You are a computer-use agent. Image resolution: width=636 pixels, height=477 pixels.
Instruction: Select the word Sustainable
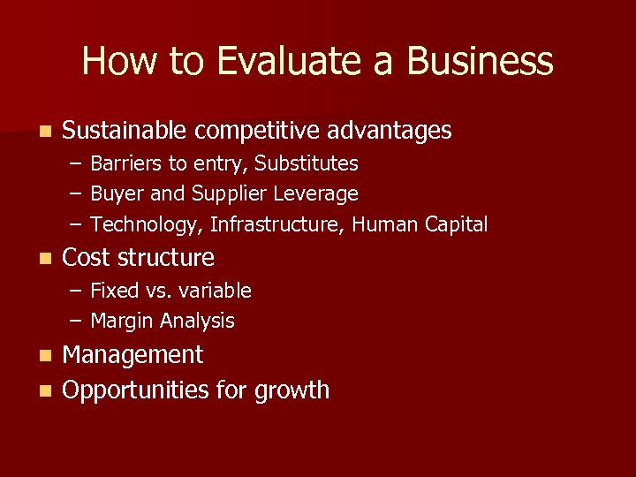click(125, 131)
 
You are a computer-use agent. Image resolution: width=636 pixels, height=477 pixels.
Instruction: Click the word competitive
click(257, 132)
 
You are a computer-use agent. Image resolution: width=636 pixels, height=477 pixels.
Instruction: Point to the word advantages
click(390, 132)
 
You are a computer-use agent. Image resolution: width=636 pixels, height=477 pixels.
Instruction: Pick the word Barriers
click(126, 163)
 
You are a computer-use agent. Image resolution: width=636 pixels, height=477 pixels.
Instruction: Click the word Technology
click(147, 225)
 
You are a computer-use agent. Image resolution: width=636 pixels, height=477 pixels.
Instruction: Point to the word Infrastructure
click(276, 224)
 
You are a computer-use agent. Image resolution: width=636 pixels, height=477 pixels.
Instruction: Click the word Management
click(133, 355)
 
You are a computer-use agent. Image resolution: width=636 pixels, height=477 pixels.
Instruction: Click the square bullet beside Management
click(46, 356)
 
